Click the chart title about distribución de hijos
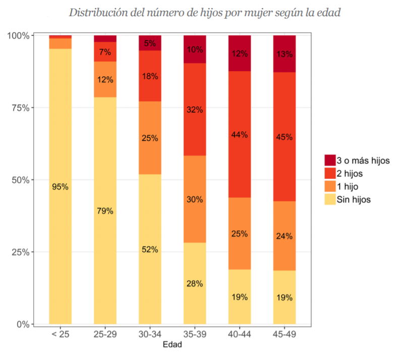click(204, 13)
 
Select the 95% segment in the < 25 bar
click(60, 186)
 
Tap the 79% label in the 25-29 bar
click(105, 211)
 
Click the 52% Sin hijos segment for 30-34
click(150, 249)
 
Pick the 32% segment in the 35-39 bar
click(195, 109)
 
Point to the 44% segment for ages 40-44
click(240, 134)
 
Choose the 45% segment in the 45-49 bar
click(284, 137)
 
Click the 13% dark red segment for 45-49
click(284, 54)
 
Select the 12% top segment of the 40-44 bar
click(240, 53)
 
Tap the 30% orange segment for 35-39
click(195, 199)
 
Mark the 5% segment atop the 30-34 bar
click(150, 43)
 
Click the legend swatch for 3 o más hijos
click(330, 161)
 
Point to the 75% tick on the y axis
click(20, 108)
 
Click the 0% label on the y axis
click(22, 324)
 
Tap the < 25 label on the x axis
click(60, 334)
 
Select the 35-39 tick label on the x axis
click(195, 334)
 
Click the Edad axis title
click(172, 345)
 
